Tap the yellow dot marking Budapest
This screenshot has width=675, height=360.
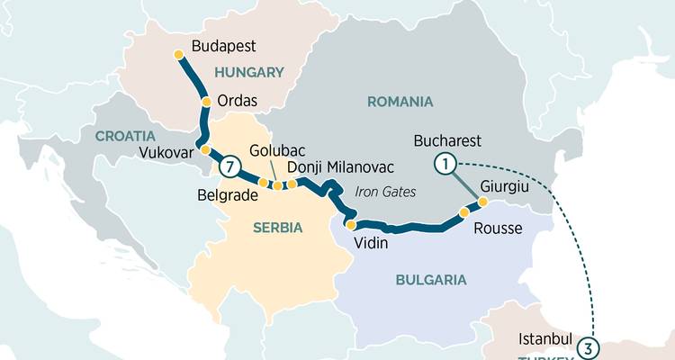(x=178, y=55)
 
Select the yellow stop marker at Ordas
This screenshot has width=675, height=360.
(x=207, y=102)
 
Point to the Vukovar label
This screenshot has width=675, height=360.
(x=166, y=153)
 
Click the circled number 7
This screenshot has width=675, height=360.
(x=229, y=166)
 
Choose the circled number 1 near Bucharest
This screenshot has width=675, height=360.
(x=444, y=163)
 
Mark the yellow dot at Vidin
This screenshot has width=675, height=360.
(x=351, y=225)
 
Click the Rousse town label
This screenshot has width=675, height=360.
(x=497, y=228)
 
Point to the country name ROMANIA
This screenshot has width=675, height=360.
(x=400, y=102)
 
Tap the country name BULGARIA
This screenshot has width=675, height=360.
(x=431, y=280)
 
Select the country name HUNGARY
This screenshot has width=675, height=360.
(x=248, y=72)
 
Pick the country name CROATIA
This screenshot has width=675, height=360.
(x=124, y=136)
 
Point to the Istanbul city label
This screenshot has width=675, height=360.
(x=545, y=340)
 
